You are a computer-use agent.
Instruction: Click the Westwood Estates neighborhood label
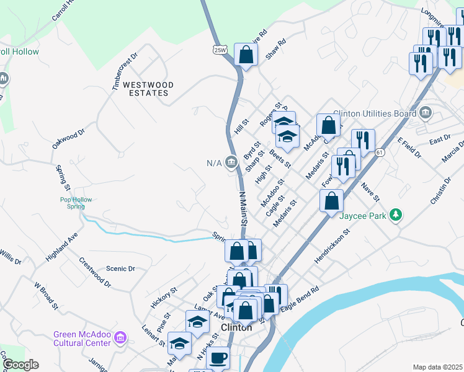(x=147, y=88)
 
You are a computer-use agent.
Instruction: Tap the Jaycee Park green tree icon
(x=395, y=216)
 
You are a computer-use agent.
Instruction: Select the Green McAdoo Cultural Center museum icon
(x=120, y=339)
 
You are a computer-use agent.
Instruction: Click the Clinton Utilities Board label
(x=374, y=113)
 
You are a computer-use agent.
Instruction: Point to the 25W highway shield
(x=219, y=49)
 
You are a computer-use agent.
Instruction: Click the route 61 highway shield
(x=380, y=152)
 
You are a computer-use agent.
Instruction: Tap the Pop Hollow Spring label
(x=76, y=203)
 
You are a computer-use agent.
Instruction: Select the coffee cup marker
(x=218, y=358)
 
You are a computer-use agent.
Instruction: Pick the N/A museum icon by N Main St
(x=232, y=163)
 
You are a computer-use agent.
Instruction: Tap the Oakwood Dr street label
(x=68, y=139)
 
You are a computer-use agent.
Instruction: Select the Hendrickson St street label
(x=332, y=245)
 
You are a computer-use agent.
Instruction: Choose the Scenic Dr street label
(x=120, y=268)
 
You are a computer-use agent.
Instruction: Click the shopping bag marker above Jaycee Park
(x=332, y=200)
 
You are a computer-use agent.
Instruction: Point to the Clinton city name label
(x=236, y=327)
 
